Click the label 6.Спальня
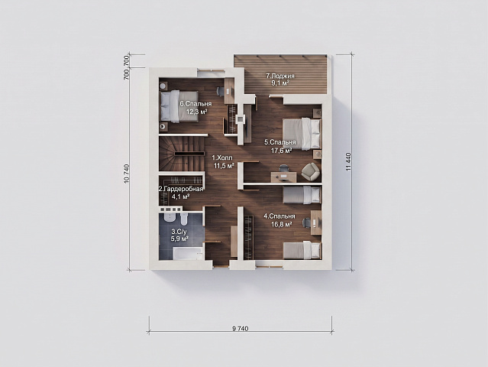196,104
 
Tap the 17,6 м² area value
282,150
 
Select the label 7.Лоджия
280,76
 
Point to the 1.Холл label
222,158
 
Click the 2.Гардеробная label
181,189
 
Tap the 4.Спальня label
280,216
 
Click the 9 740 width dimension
241,329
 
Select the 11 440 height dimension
348,161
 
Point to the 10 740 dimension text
126,174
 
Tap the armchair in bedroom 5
310,172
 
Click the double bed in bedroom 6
179,106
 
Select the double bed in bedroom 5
302,133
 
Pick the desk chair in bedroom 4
307,222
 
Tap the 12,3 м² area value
197,112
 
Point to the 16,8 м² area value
281,224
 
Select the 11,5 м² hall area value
224,165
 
